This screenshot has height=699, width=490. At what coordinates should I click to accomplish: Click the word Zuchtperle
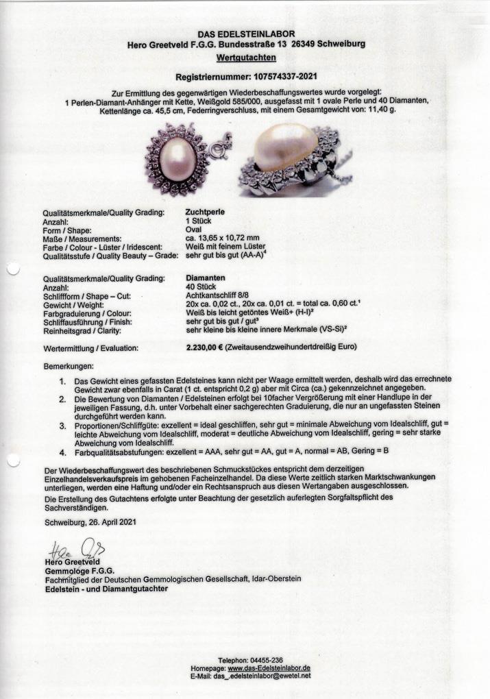click(x=204, y=212)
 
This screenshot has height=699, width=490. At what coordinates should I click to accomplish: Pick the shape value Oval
click(x=194, y=230)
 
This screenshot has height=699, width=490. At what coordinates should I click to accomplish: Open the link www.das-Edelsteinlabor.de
click(x=269, y=667)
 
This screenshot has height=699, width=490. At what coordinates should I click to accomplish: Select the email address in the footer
click(x=271, y=676)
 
